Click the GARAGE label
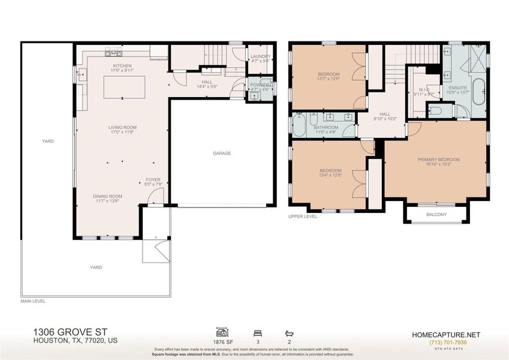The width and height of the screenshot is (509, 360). (x=221, y=153)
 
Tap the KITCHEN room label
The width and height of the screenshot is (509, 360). (x=122, y=66)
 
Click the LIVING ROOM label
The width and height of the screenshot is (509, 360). (x=122, y=127)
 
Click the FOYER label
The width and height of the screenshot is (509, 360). (x=153, y=179)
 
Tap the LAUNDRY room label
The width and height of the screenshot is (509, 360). (x=261, y=56)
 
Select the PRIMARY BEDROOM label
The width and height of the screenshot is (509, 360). (x=438, y=160)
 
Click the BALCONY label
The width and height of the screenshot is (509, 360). (x=436, y=214)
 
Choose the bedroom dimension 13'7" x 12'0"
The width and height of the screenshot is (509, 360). (x=329, y=79)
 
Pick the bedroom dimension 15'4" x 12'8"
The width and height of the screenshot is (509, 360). (x=330, y=175)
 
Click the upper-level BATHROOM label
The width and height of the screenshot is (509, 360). (x=326, y=127)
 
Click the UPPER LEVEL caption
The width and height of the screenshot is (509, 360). (x=303, y=216)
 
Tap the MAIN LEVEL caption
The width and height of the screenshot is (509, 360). (x=33, y=301)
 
